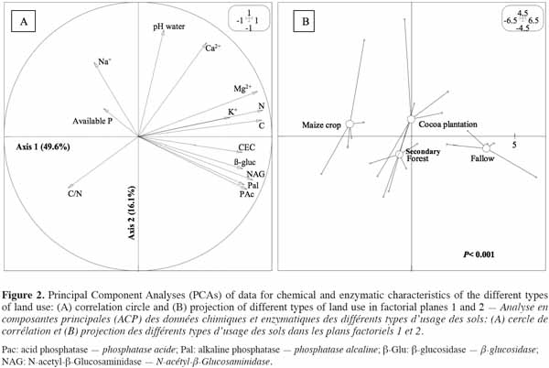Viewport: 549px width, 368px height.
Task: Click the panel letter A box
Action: point(24,21)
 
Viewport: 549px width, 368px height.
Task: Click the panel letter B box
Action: point(306,21)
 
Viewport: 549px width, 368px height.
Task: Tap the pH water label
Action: point(168,27)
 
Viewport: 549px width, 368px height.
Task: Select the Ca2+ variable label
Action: point(213,48)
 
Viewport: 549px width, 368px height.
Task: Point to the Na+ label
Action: point(104,61)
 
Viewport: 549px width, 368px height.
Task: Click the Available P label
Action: point(92,121)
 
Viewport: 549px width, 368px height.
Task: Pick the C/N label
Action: point(75,194)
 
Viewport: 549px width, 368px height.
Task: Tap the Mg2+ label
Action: point(242,89)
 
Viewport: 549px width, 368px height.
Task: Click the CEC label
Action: point(247,147)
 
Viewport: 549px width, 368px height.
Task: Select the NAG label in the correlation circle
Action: point(255,174)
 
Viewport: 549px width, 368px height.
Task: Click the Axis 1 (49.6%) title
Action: point(43,146)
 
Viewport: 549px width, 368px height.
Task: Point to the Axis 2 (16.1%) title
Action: point(132,212)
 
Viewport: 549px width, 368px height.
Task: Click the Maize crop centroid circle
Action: point(350,124)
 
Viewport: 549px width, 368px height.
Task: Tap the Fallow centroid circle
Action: point(487,148)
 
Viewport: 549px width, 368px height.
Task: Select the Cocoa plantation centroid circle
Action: point(411,119)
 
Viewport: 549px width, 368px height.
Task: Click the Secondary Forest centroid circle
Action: point(399,154)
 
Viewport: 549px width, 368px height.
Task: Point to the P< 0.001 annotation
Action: point(479,254)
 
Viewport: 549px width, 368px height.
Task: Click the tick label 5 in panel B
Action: point(514,145)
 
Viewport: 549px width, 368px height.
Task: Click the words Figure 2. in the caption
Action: point(23,295)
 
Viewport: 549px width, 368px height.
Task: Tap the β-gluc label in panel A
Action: point(244,162)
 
